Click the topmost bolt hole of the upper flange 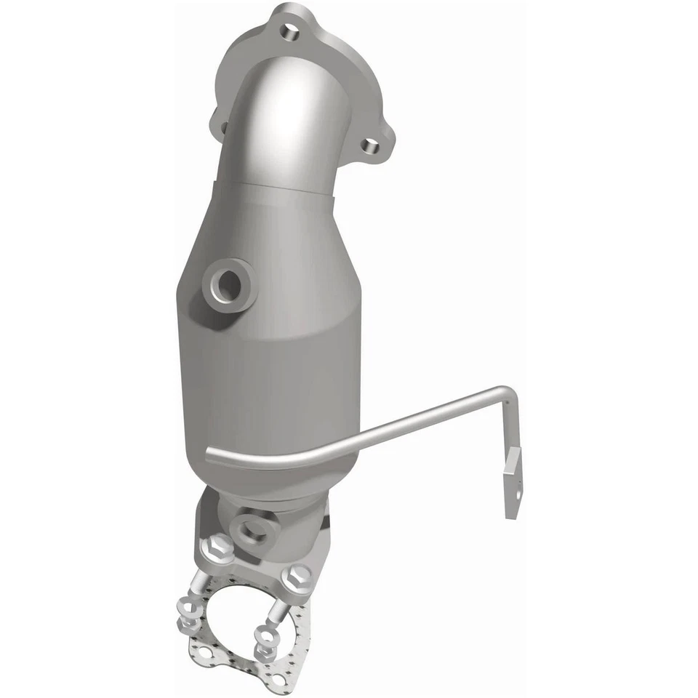pos(290,33)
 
